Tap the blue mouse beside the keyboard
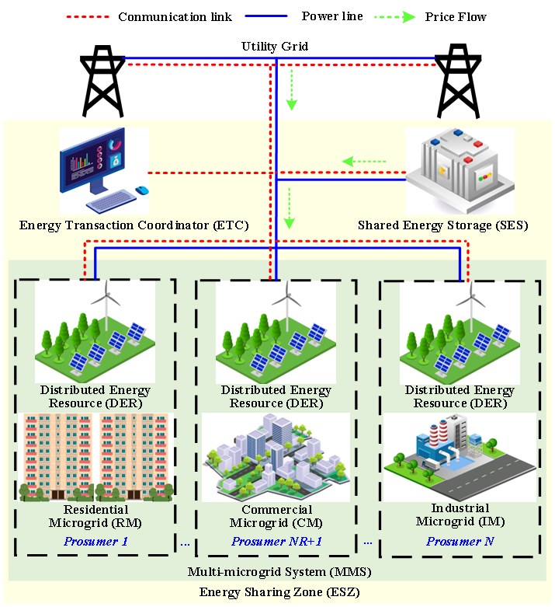140,190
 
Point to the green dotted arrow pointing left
364,162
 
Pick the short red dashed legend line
88,17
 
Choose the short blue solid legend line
266,16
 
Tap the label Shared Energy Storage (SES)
442,226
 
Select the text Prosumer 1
96,541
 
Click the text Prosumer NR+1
276,541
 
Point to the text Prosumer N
460,541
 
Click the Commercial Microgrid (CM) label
276,516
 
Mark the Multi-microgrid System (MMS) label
279,573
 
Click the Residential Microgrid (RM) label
95,516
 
